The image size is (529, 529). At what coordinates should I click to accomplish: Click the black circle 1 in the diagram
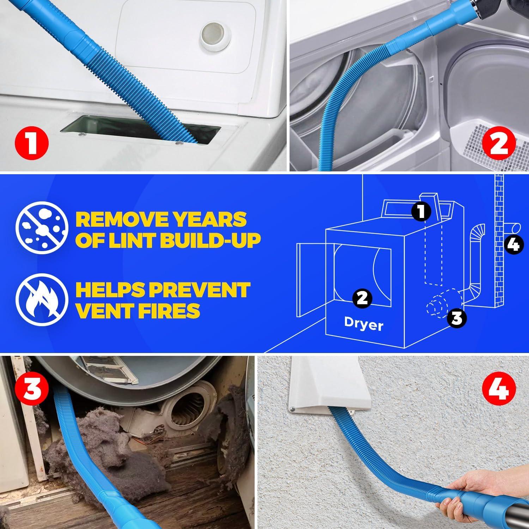(x=421, y=211)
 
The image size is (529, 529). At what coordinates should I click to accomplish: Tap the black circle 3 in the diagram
(x=456, y=318)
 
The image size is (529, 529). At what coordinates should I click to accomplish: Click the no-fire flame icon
(x=41, y=298)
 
